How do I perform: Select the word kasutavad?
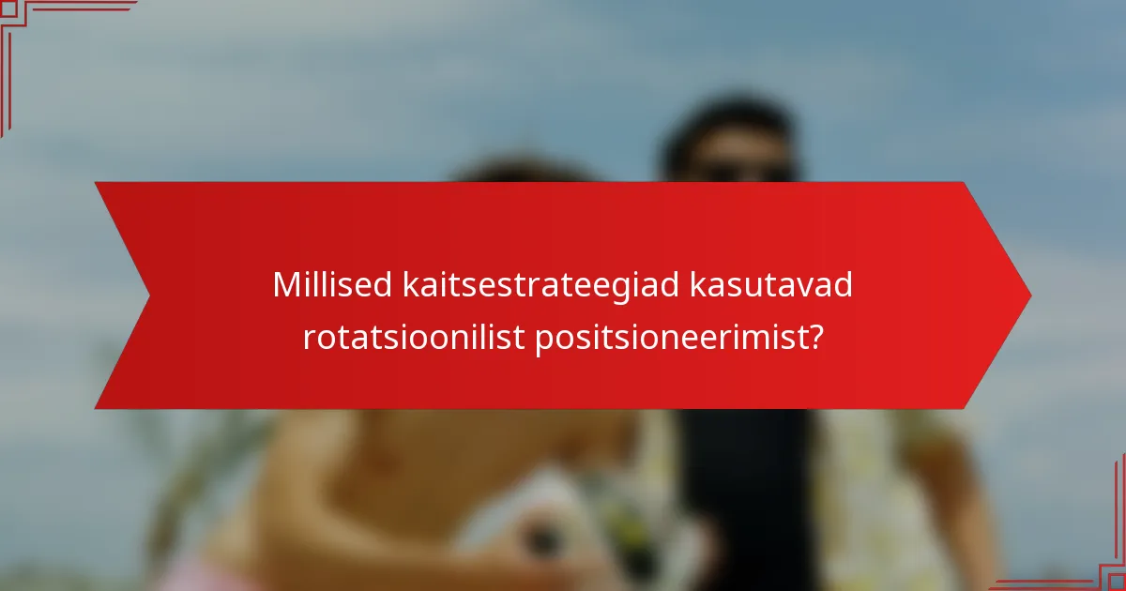(x=771, y=285)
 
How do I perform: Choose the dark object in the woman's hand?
(x=542, y=539)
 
